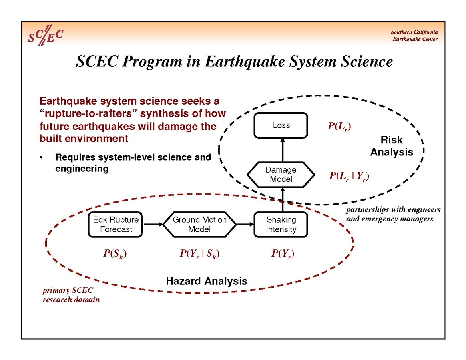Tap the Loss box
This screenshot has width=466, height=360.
(x=281, y=125)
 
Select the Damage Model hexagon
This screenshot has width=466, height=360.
(x=281, y=175)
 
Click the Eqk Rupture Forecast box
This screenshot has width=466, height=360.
(x=116, y=225)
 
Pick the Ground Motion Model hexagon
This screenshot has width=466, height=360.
(x=199, y=225)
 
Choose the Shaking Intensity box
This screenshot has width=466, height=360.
(x=281, y=225)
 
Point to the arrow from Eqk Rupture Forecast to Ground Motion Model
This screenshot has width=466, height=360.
(x=153, y=225)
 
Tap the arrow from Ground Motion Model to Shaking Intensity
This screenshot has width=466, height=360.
(x=245, y=225)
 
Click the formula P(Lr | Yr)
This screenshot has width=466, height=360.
(x=349, y=176)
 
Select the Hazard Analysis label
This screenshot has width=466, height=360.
(x=206, y=281)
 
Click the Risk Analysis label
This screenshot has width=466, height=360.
(x=391, y=146)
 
